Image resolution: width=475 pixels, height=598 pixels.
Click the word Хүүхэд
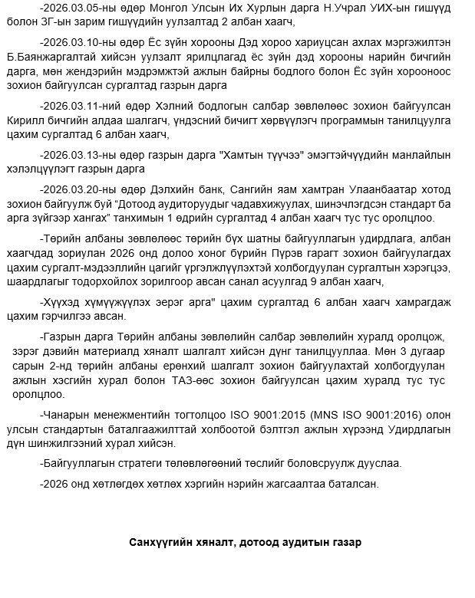point(61,301)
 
